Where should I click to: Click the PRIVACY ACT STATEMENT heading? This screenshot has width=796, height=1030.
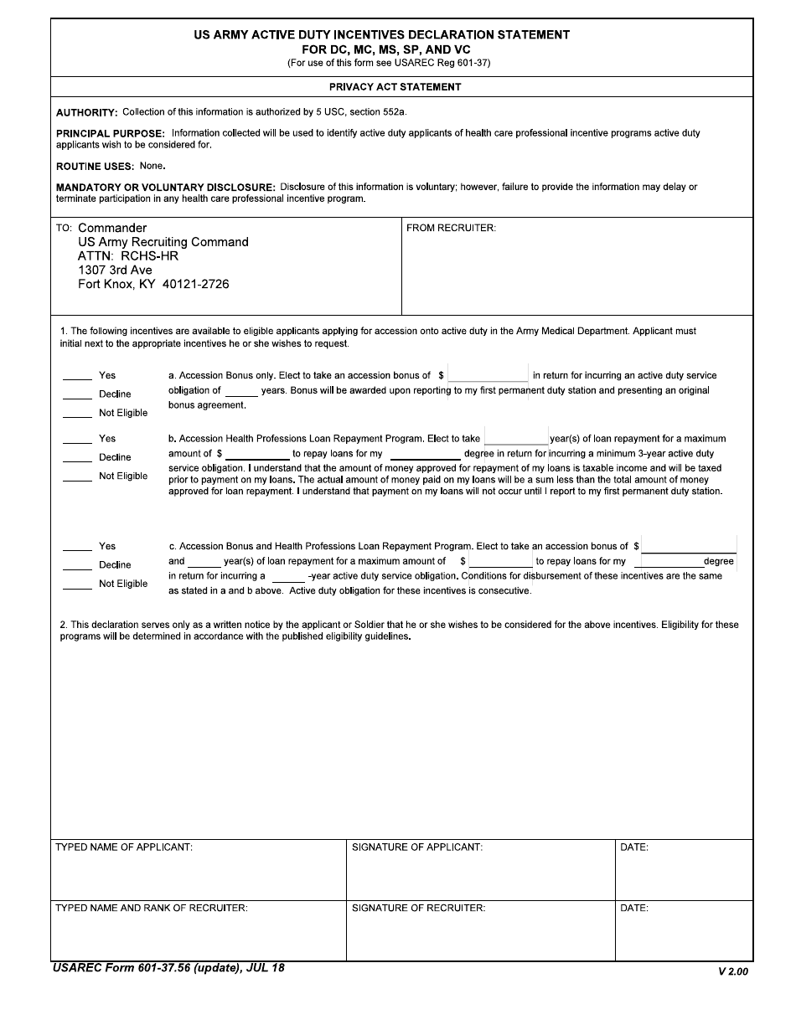(x=395, y=87)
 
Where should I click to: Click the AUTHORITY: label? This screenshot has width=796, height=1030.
(x=87, y=112)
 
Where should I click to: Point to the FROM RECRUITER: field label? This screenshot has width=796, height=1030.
(x=451, y=228)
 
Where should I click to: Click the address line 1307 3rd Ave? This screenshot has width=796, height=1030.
(x=115, y=270)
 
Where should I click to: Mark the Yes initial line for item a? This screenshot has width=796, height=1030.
(x=77, y=377)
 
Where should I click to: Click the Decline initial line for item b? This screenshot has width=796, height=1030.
(x=77, y=459)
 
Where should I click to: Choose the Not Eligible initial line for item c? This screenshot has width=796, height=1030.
(x=77, y=585)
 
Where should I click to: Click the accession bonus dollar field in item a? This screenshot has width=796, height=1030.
(x=488, y=376)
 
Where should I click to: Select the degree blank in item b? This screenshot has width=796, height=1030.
(x=425, y=455)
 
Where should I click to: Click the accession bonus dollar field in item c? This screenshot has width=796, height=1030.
(x=689, y=546)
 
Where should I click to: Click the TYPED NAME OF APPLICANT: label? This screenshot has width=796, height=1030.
(x=124, y=847)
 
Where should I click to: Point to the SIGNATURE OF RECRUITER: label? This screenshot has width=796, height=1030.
(x=418, y=908)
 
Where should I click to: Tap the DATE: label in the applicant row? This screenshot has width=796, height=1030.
(x=634, y=847)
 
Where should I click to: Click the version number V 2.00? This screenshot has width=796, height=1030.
(x=733, y=971)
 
